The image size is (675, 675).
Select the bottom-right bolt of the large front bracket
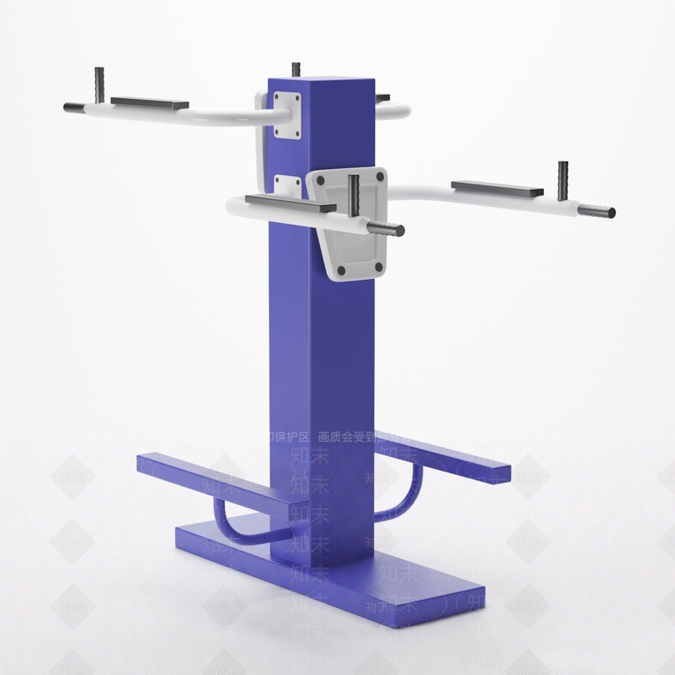[379, 266]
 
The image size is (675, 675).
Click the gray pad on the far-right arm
[497, 188]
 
